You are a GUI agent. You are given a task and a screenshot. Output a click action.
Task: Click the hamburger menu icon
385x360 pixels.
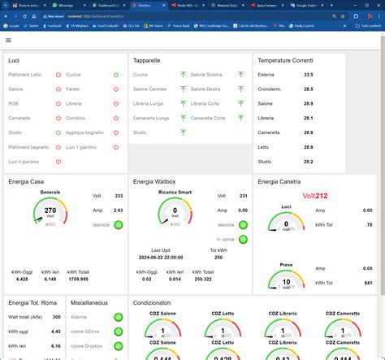point(8,39)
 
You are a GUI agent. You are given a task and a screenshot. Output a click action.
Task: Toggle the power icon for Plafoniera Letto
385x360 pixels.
point(58,75)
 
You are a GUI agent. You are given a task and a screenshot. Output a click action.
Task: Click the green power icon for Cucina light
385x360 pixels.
point(116,75)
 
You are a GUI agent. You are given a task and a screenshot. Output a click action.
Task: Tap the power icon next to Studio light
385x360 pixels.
point(58,132)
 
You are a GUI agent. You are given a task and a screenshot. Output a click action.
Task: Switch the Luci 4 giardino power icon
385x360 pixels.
point(58,162)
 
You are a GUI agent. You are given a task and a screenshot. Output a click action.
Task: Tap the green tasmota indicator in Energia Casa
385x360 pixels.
point(119,225)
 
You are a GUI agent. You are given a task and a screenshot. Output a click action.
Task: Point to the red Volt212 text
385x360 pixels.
point(315,196)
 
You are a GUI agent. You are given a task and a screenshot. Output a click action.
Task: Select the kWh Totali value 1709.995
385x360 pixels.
point(79,279)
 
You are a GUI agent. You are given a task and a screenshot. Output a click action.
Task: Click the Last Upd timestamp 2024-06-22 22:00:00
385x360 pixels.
point(171,256)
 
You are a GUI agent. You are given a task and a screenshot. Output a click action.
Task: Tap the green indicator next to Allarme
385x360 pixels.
point(118,317)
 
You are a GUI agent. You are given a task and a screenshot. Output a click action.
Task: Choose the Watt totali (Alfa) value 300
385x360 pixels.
point(56,317)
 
